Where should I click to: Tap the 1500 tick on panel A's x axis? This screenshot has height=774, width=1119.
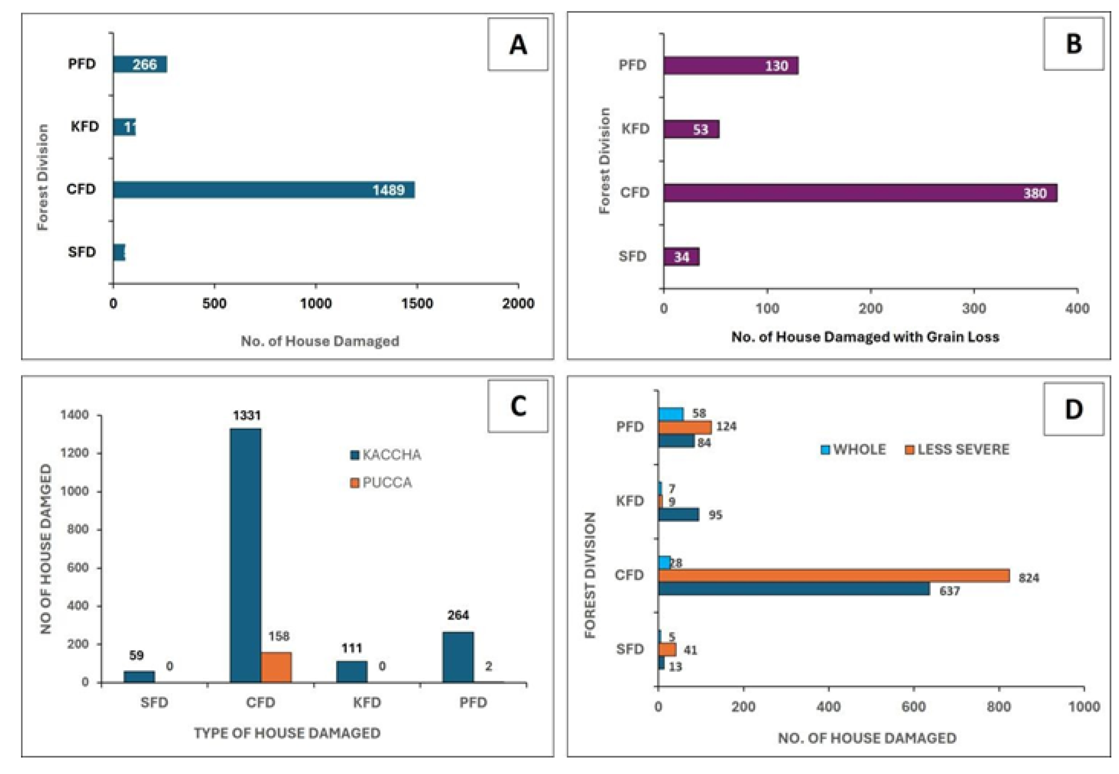coord(417,303)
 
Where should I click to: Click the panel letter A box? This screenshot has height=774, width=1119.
coord(517,45)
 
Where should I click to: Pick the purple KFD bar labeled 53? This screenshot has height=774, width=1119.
coord(691,130)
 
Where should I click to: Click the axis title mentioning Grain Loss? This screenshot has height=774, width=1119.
coord(865,337)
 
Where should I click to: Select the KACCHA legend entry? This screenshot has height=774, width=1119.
coord(386,455)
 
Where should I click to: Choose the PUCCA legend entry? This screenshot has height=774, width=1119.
coord(381,482)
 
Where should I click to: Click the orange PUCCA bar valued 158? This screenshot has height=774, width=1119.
coord(276,667)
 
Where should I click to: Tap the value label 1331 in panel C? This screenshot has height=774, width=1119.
coord(247,415)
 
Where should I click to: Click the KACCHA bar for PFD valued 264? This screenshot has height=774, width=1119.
coord(458,657)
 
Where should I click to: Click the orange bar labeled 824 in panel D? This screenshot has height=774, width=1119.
coord(834,576)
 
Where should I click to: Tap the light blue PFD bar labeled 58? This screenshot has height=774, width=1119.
coord(671,414)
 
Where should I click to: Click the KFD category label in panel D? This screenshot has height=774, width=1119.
coord(629,501)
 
